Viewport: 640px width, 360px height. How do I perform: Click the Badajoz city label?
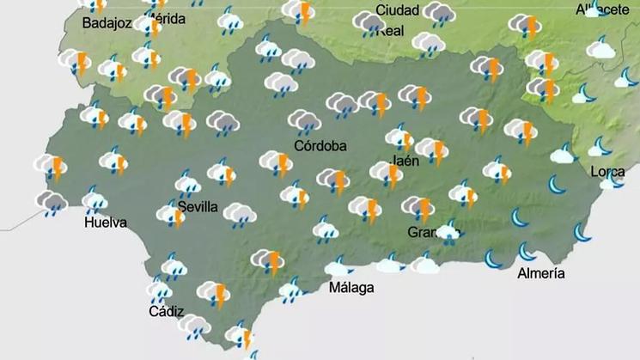coord(107,23)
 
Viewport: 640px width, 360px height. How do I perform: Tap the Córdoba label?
coord(320,146)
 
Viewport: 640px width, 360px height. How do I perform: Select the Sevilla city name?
coord(198,207)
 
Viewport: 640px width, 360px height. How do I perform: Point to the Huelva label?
coord(106,223)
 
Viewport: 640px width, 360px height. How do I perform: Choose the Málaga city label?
coord(351,288)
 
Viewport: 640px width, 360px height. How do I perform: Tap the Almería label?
coord(541,274)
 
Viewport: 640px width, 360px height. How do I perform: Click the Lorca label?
coord(607,172)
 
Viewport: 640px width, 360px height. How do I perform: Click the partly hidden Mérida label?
coord(169,19)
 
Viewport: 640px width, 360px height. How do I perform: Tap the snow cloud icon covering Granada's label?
coord(448,233)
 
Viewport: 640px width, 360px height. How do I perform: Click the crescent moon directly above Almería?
coord(526,252)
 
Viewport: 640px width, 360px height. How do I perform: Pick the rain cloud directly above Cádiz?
coord(159,290)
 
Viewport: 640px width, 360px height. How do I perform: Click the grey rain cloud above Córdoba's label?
coord(303,121)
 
